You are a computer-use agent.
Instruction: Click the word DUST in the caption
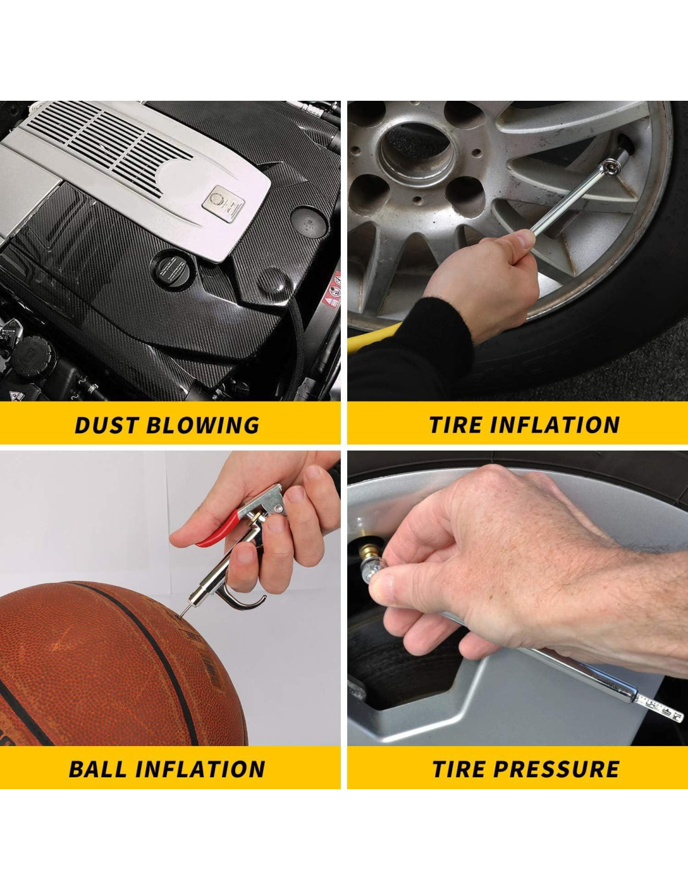pos(106,425)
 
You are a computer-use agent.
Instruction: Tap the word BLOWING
pos(203,425)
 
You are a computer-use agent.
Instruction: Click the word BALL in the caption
pos(99,769)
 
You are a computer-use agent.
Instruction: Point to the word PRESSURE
pos(557,769)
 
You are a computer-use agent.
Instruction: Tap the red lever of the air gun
pos(218,528)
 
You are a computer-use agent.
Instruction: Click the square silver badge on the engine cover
pos(223,203)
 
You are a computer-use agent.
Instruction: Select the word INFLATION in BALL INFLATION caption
pos(201,769)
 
